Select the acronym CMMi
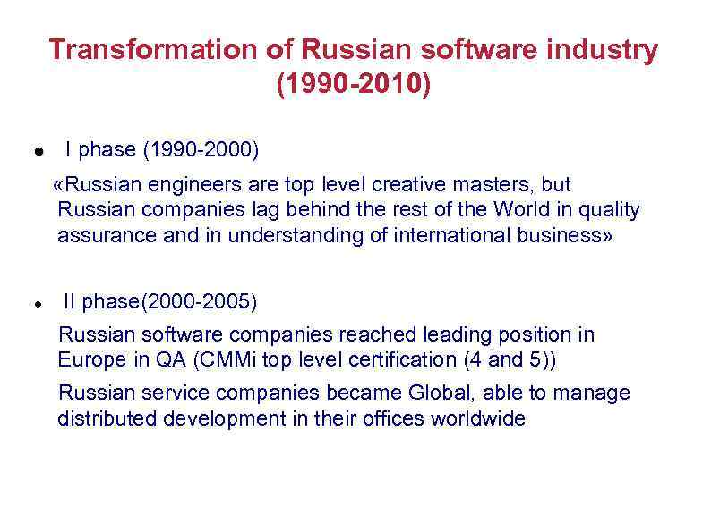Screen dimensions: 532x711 [x=231, y=360]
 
